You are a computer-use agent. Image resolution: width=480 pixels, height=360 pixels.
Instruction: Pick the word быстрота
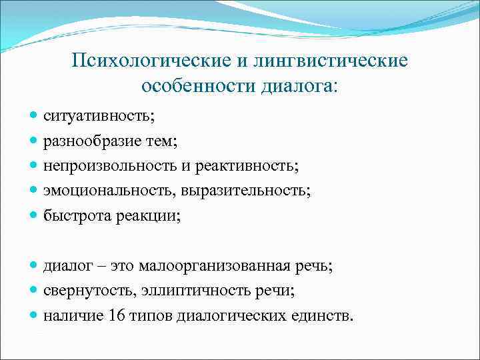pos(73,215)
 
